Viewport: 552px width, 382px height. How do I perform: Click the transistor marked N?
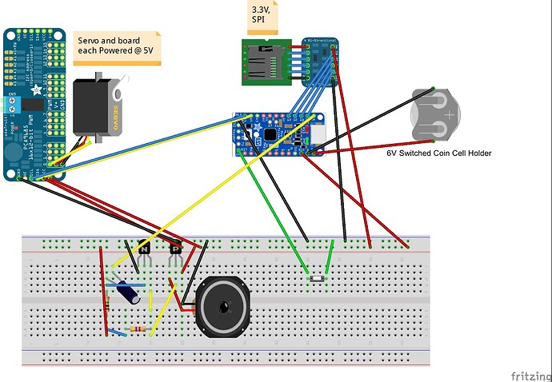[144, 250]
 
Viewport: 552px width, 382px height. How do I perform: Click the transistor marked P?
[176, 250]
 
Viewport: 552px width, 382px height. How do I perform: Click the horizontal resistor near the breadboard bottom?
[138, 330]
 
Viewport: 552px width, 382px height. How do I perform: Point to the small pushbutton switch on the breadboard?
[317, 278]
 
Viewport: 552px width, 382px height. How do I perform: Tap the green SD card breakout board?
[266, 61]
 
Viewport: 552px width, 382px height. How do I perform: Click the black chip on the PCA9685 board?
[33, 105]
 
